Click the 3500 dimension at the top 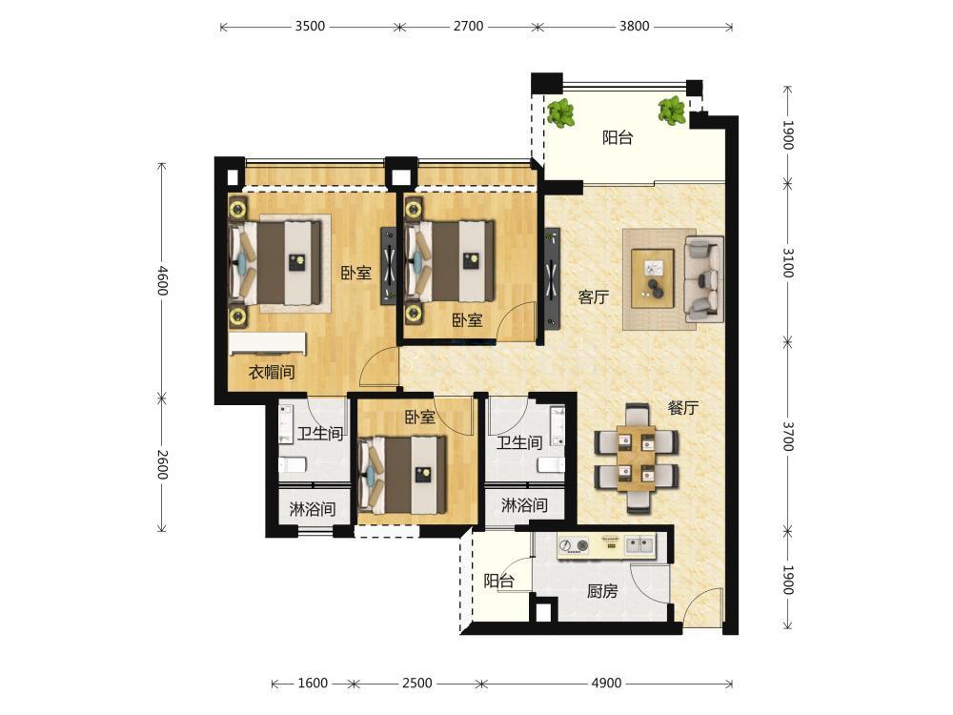click(310, 26)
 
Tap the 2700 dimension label click(468, 26)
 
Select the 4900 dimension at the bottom click(606, 683)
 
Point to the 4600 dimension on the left click(162, 280)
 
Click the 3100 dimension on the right click(788, 263)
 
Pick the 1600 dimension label click(313, 683)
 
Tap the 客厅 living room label click(593, 297)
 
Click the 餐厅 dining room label click(682, 408)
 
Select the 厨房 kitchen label click(602, 590)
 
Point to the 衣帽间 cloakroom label click(272, 372)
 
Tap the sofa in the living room click(704, 279)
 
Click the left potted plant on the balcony click(561, 113)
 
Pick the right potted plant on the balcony click(672, 111)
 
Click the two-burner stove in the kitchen click(573, 545)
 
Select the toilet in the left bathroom click(293, 465)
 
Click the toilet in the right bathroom click(551, 465)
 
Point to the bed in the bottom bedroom click(402, 475)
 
